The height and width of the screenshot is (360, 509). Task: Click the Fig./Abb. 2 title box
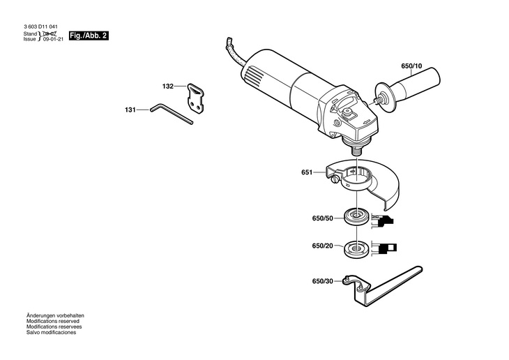pos(89,36)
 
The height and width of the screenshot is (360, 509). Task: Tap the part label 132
pos(168,87)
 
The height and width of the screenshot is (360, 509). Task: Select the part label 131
pos(130,110)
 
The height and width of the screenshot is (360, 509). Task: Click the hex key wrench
pos(172,114)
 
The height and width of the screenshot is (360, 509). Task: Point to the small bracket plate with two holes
pos(196,98)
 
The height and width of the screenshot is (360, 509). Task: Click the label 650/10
pos(411,66)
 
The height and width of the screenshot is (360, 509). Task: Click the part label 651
pos(307,172)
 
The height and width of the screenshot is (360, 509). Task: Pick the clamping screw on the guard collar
pos(335,179)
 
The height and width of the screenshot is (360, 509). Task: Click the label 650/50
pos(323,218)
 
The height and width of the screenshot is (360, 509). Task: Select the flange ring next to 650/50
pos(356,217)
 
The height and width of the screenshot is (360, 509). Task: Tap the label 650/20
pos(323,246)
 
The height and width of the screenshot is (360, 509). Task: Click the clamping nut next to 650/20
pos(356,249)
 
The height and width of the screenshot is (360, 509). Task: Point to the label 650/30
pos(323,281)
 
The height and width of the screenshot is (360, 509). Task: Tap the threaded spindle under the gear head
pos(356,150)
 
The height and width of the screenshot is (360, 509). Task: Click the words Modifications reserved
pos(53,321)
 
